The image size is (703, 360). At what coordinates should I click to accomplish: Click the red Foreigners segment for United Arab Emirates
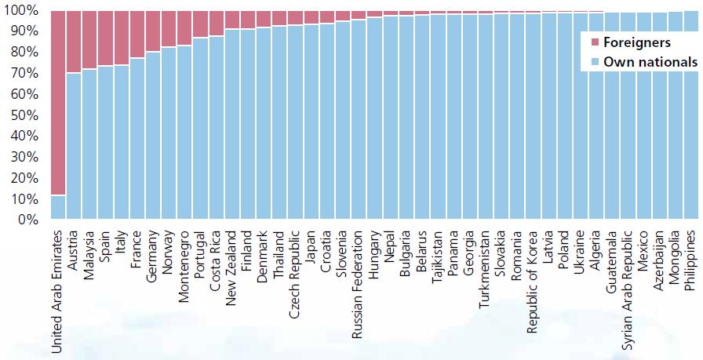(x=58, y=102)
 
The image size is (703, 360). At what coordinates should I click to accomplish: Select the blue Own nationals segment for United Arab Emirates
(x=58, y=207)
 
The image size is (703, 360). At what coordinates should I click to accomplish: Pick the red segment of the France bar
(x=137, y=35)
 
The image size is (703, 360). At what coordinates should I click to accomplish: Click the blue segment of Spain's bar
(x=105, y=142)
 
